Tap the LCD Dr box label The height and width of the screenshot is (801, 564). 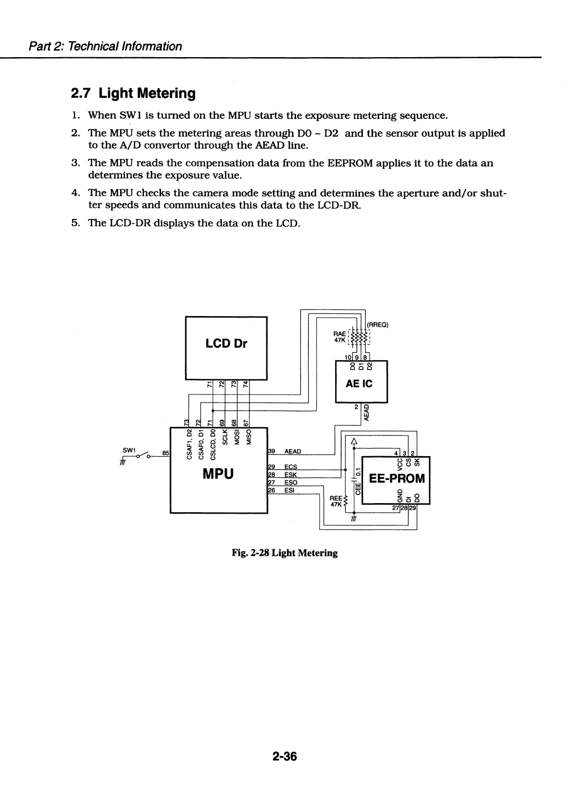point(226,343)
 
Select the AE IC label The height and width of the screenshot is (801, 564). point(359,384)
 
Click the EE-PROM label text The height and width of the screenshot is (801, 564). point(397,478)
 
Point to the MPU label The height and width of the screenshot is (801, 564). point(218,474)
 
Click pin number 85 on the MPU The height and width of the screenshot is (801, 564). point(166,453)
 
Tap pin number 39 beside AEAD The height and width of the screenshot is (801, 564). point(271,451)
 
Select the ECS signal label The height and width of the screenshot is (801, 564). point(291,467)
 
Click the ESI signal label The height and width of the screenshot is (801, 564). point(290,490)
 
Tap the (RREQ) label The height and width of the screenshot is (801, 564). point(377,325)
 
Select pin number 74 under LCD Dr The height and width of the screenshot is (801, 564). point(246,384)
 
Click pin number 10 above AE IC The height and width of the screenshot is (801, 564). point(348,357)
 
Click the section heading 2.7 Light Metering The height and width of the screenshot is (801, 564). point(133,94)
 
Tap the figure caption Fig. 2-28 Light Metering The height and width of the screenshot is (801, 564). point(284,553)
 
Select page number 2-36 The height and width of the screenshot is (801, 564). point(284,757)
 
